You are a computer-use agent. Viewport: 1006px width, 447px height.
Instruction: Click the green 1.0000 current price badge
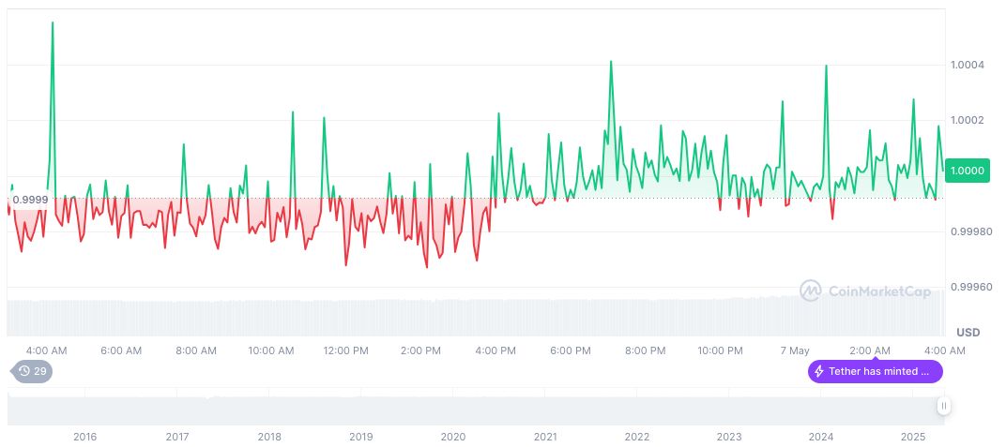click(967, 171)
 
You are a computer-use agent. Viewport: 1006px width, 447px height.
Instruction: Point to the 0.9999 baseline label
click(30, 199)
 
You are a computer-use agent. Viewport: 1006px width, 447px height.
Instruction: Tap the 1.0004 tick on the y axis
click(967, 65)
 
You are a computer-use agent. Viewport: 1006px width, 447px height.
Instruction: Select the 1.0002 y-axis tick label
click(967, 120)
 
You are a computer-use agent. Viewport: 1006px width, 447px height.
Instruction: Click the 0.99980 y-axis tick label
click(969, 231)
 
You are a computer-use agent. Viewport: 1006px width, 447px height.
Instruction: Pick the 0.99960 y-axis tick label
click(969, 286)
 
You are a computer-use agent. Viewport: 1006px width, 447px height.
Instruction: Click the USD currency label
click(968, 333)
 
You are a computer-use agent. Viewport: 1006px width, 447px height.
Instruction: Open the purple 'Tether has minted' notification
click(875, 371)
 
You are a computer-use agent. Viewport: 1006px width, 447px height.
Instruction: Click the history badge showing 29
click(32, 371)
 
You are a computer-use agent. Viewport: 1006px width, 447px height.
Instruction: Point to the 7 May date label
click(794, 350)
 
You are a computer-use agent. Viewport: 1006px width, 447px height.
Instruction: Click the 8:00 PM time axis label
click(645, 350)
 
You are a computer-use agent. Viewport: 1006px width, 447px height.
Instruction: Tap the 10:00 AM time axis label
click(271, 350)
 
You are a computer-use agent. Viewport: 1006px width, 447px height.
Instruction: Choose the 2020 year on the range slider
click(453, 437)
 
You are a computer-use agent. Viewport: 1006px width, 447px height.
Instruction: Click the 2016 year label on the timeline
click(84, 437)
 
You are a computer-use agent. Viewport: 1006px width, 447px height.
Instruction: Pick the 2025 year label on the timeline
click(913, 437)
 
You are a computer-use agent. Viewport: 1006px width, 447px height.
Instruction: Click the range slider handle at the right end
click(943, 406)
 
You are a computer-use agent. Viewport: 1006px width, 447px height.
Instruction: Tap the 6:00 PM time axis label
click(571, 350)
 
